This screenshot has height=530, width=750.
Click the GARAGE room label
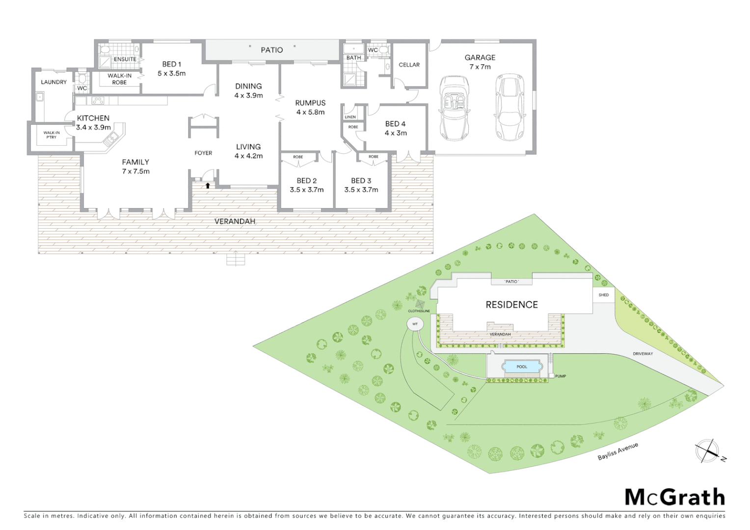point(480,57)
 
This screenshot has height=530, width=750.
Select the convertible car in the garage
point(454,107)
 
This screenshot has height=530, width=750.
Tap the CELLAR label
point(409,65)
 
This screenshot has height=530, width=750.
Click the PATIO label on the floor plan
point(272,50)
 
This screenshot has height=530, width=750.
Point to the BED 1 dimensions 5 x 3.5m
point(171,74)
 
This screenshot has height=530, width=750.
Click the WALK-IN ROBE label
point(119,79)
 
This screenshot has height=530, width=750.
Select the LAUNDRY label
point(54,82)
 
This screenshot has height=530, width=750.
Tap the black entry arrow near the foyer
point(208,185)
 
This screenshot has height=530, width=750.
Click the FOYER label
point(203,153)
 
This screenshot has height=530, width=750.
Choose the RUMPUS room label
point(310,103)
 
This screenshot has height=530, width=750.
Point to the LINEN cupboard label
point(350,117)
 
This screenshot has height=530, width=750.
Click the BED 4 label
point(395,124)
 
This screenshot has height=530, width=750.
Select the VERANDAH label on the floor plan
point(235,221)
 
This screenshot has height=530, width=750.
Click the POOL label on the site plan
point(522,367)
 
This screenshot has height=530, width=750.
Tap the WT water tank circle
point(415,324)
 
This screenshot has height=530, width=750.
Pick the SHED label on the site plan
point(603,295)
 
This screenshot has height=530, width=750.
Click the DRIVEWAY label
point(643,354)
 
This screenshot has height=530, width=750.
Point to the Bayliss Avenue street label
point(617,451)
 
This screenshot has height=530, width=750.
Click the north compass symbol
point(707,451)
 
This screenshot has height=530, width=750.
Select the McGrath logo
point(674,497)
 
